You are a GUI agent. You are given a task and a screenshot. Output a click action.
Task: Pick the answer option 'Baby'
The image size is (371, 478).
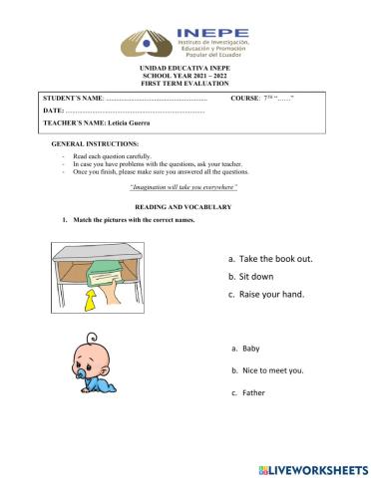click(249, 349)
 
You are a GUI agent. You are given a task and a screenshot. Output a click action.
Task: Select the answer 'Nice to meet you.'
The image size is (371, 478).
click(272, 370)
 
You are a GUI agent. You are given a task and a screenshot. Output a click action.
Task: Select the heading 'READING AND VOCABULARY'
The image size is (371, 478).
click(185, 206)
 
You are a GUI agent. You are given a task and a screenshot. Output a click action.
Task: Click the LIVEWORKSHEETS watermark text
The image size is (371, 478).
click(318, 468)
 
